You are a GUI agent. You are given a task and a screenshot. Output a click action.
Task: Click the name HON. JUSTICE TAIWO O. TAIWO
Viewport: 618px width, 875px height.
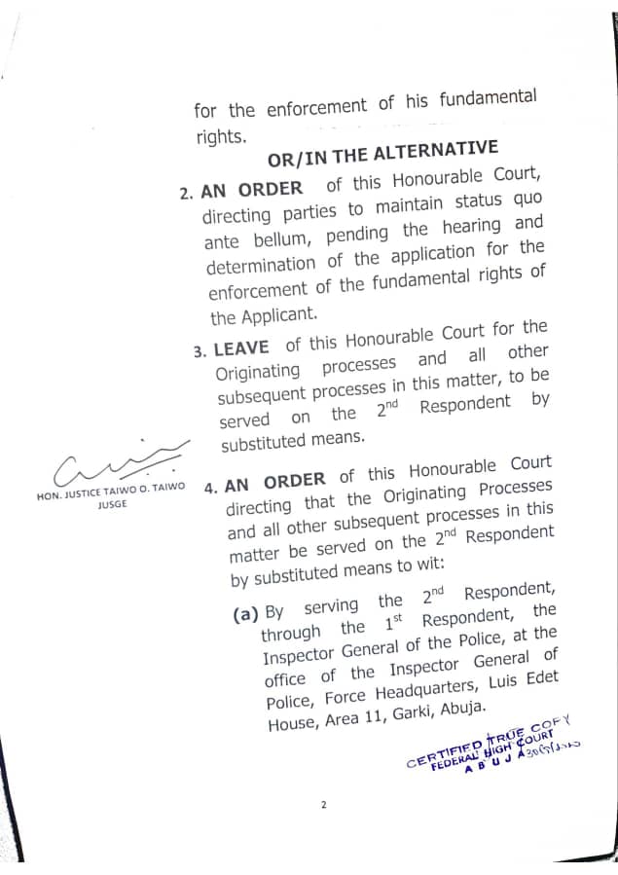pyautogui.click(x=110, y=493)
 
